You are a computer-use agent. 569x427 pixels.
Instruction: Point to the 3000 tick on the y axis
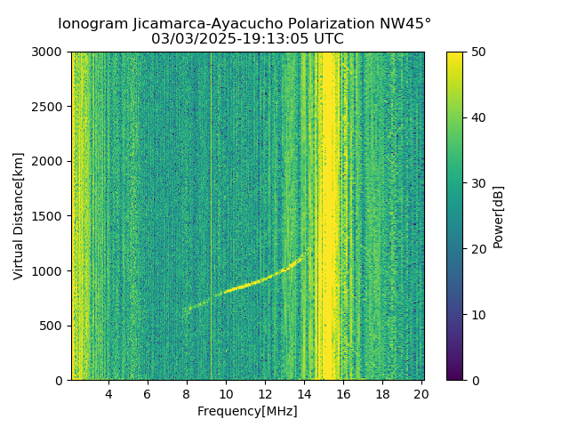[51, 52]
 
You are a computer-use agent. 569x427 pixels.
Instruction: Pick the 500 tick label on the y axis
[53, 326]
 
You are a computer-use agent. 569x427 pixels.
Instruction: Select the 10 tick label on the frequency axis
[226, 393]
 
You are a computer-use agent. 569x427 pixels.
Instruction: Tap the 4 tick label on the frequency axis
[108, 393]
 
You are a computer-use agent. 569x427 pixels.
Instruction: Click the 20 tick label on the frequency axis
[421, 393]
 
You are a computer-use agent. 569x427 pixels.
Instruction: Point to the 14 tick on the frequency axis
[304, 393]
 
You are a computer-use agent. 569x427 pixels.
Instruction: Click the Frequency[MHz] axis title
[247, 411]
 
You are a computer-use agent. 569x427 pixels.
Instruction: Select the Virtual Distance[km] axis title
[19, 216]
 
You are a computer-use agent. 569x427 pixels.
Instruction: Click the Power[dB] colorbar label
[499, 216]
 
